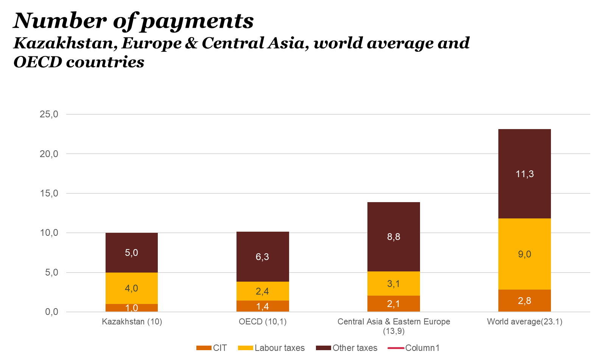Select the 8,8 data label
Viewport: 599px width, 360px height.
coord(394,237)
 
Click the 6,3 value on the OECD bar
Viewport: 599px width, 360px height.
coord(262,257)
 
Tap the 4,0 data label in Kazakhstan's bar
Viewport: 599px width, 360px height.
coord(131,288)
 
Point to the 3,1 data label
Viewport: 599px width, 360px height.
coord(394,284)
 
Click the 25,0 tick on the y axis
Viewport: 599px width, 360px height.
coord(49,114)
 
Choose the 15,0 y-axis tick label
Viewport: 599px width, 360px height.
coord(49,193)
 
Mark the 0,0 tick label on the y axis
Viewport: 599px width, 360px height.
coord(51,312)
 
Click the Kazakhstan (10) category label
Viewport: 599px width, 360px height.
coord(132,322)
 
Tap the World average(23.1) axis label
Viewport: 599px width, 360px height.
coord(524,322)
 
